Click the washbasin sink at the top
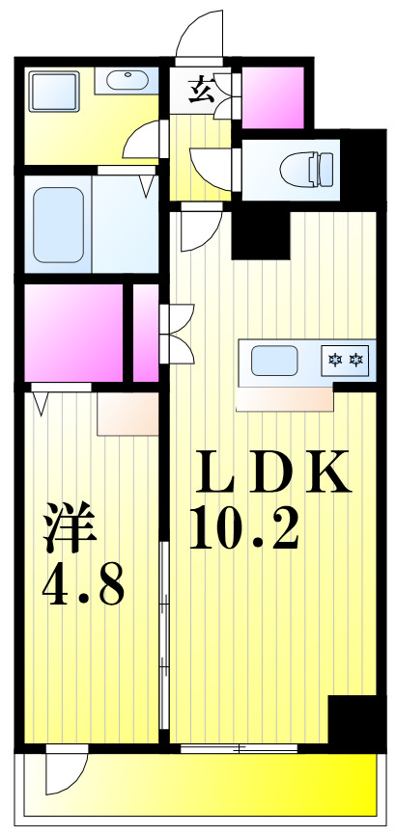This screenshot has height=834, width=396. pos(126,79)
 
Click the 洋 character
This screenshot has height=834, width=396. pos(69,528)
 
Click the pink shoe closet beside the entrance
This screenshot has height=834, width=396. pos(272,96)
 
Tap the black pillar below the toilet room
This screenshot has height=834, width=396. pos(261,232)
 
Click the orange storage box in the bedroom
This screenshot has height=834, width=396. pos(127,414)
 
